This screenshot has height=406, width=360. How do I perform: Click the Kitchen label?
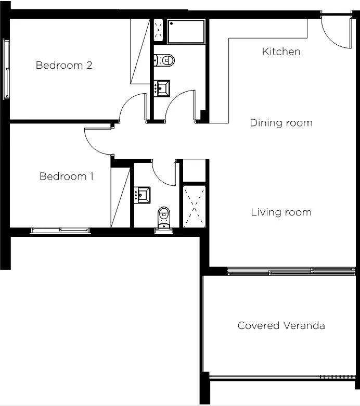pos(281,52)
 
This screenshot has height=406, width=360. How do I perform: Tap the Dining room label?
pos(281,123)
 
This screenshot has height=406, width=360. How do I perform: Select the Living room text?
pos(281,212)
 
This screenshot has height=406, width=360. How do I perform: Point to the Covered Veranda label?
pos(281,325)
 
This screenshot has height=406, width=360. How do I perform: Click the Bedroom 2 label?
pos(64,65)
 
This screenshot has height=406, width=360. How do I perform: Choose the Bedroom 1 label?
pos(66,176)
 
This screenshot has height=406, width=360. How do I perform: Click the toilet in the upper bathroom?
pos(164,60)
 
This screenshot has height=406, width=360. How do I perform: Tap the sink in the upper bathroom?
pos(162,88)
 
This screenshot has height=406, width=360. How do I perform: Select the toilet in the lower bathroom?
pos(164,218)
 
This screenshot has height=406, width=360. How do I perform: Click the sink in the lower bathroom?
pos(142,195)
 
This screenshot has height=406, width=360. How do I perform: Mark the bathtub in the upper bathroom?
pos(186,32)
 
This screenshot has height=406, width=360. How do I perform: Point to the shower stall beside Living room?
pos(195,207)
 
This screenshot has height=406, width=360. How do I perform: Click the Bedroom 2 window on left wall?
pos(6,69)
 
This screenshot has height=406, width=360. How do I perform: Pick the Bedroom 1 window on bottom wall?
pos(60,230)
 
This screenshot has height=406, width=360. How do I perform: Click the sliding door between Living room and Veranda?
pos(291,271)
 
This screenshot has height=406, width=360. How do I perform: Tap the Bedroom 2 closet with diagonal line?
pos(140,51)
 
